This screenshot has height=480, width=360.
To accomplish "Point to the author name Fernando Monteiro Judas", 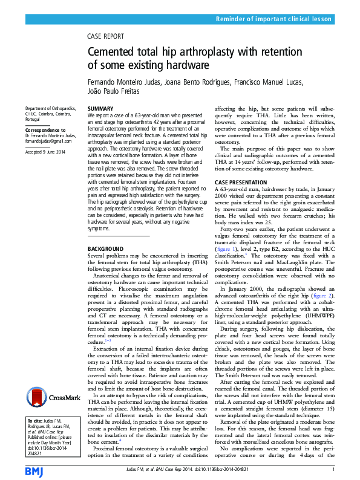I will point(126,80).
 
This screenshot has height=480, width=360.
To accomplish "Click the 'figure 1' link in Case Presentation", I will point(226,248).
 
